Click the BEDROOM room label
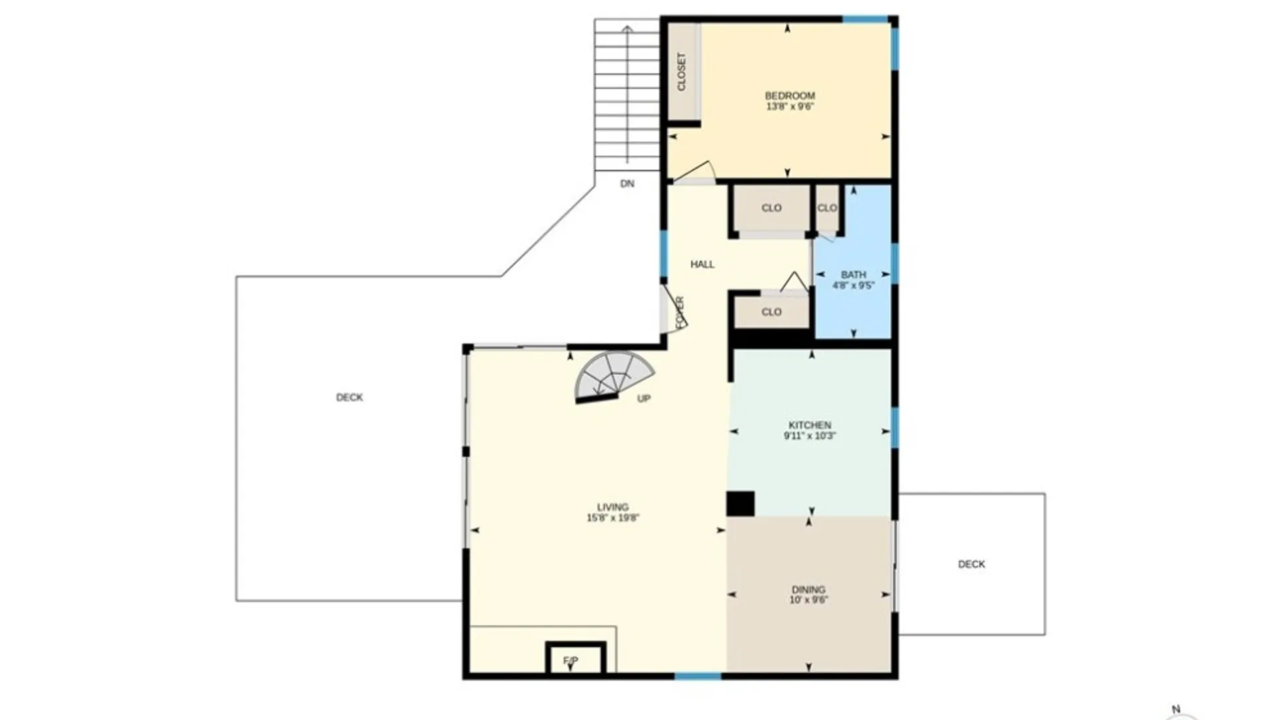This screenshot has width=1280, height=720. pyautogui.click(x=789, y=96)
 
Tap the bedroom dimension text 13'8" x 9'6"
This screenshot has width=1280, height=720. pyautogui.click(x=790, y=107)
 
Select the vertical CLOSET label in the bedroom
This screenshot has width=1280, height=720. pyautogui.click(x=681, y=72)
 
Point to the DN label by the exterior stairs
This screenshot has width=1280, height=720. pyautogui.click(x=627, y=184)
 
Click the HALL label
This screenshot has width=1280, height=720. pyautogui.click(x=702, y=265)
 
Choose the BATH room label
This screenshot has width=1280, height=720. pyautogui.click(x=853, y=275)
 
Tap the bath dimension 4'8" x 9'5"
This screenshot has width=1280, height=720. pyautogui.click(x=853, y=285)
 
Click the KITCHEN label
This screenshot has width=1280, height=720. pyautogui.click(x=810, y=425)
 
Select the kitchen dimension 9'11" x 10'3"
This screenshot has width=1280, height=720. pyautogui.click(x=810, y=436)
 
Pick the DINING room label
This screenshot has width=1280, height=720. pyautogui.click(x=809, y=590)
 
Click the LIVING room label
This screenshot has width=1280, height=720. pyautogui.click(x=613, y=507)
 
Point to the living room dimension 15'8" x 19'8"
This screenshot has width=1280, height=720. pyautogui.click(x=613, y=518)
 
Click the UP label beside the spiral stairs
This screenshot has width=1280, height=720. pyautogui.click(x=643, y=399)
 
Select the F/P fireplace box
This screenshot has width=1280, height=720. pyautogui.click(x=575, y=658)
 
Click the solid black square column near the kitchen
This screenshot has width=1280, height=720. pyautogui.click(x=740, y=504)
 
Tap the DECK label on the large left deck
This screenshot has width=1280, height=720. pyautogui.click(x=349, y=397)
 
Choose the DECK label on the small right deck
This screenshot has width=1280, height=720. pyautogui.click(x=971, y=564)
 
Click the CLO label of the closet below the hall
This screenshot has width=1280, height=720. pyautogui.click(x=771, y=312)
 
